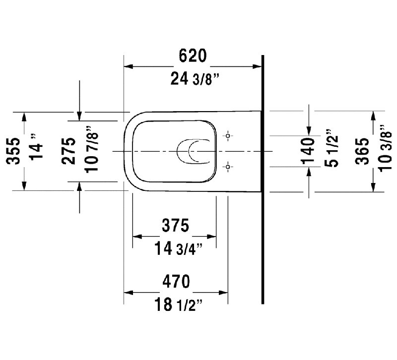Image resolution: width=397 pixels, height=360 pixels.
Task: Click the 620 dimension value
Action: pos(193,56)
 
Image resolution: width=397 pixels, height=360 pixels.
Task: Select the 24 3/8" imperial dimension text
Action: pos(195,79)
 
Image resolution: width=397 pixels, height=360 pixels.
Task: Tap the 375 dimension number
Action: pos(176,225)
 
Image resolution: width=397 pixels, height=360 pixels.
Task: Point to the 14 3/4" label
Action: pos(178,248)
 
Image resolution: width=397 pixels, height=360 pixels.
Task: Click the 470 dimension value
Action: pos(176,281)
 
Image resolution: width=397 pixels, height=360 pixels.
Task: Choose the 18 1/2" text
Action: pos(178,304)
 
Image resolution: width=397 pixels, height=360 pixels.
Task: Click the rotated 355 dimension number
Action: pos(13,151)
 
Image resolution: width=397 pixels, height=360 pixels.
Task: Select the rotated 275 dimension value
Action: pos(68,151)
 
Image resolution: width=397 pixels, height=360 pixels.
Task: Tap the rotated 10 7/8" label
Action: pos(91,149)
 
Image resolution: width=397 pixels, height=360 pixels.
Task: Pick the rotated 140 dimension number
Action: pos(308,151)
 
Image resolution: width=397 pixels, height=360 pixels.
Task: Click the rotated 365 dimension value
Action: pos(362,151)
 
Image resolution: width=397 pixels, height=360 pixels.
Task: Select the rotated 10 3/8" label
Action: pos(385,148)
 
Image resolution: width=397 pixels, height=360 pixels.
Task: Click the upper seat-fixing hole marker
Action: pos(228,136)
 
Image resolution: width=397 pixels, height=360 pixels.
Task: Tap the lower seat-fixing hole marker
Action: pos(228,167)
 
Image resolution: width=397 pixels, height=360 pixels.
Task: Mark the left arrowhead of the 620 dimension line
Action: pos(129,66)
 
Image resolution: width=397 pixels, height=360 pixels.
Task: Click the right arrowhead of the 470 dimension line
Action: pos(223,293)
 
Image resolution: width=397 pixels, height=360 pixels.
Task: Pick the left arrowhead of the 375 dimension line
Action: pos(137,237)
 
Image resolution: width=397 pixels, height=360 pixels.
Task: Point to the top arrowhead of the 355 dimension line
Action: pos(24,117)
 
